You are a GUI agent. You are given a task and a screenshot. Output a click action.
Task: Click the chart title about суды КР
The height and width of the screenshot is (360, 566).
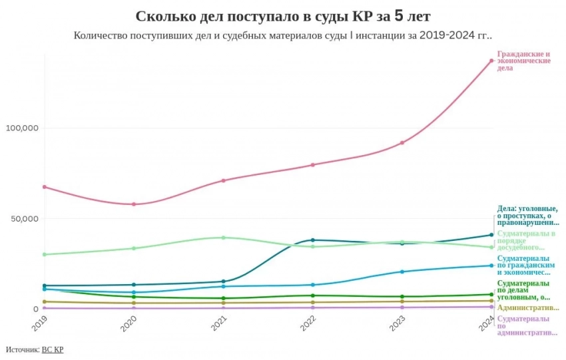click(283, 15)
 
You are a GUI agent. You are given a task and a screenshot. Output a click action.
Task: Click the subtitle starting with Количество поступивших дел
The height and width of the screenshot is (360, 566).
click(283, 35)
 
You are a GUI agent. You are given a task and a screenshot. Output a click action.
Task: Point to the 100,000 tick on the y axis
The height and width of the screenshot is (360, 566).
click(23, 128)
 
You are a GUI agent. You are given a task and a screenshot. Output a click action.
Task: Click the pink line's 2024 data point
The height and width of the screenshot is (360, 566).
click(491, 61)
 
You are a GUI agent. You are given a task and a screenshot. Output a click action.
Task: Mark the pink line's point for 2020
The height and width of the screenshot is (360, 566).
click(134, 204)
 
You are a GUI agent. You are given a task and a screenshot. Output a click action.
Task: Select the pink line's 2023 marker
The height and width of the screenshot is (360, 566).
click(402, 142)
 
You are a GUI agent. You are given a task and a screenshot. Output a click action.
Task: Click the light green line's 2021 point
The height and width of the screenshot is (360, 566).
click(223, 238)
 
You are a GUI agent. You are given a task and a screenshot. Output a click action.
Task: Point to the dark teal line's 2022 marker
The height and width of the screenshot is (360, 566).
click(313, 240)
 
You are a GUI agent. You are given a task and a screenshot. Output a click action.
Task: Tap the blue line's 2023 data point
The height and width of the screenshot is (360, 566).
click(402, 271)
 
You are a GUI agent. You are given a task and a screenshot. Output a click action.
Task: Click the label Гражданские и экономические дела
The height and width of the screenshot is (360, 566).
click(524, 61)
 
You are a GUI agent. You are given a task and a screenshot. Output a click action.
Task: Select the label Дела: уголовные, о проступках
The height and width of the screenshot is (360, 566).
click(528, 216)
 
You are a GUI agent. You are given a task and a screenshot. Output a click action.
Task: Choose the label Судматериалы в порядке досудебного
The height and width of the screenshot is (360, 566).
click(526, 240)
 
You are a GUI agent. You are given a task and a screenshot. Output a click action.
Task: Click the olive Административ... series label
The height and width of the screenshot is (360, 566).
click(528, 307)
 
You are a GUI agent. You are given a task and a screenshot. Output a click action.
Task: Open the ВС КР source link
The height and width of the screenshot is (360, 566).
click(53, 349)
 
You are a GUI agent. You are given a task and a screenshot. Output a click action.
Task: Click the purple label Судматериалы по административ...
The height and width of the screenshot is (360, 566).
click(527, 325)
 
